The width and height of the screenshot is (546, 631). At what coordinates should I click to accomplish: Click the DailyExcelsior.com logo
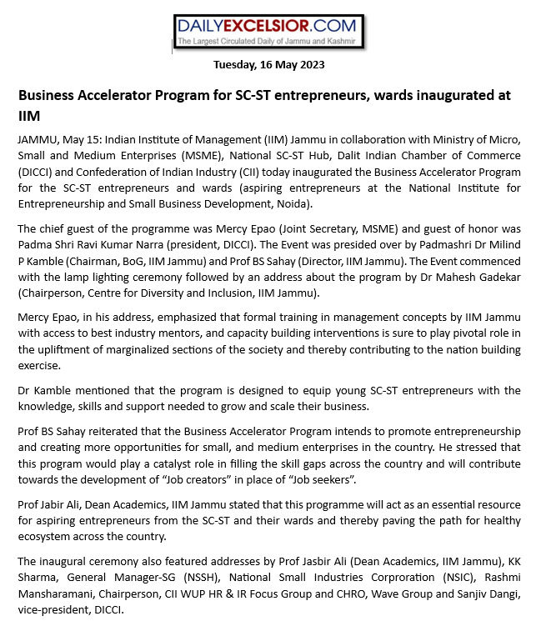tap(268, 33)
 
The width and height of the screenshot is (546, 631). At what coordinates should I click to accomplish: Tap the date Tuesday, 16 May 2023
tap(268, 64)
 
